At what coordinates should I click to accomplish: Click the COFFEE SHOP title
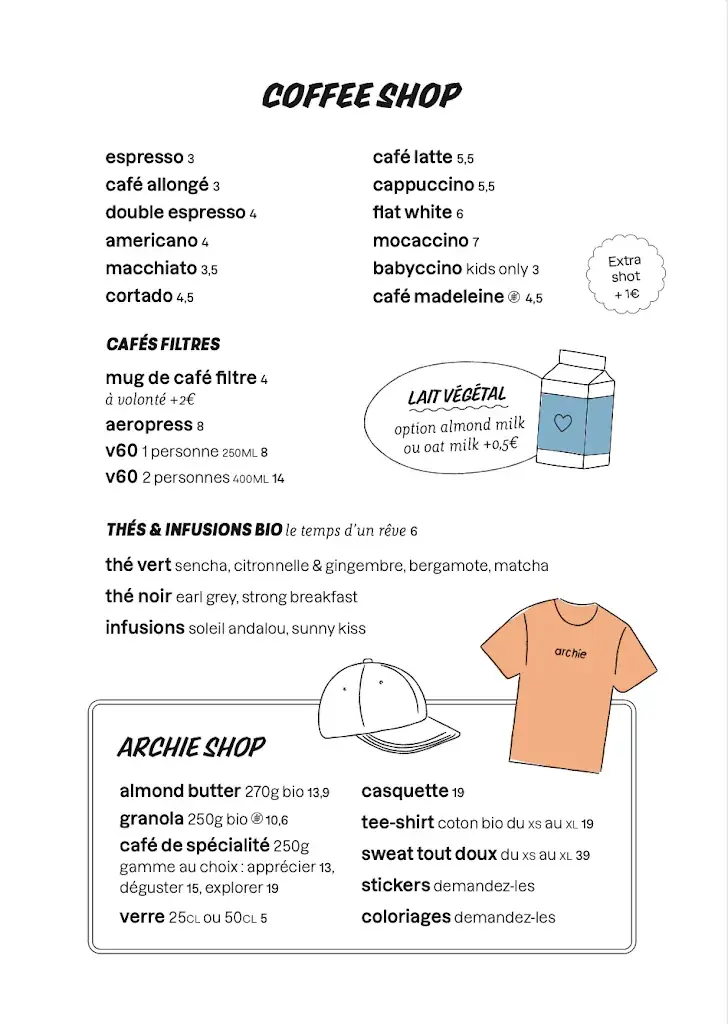click(361, 96)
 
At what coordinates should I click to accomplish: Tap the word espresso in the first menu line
click(144, 158)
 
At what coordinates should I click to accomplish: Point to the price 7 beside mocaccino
click(476, 241)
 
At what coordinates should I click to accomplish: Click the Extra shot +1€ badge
click(625, 276)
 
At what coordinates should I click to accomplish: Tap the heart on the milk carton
click(563, 422)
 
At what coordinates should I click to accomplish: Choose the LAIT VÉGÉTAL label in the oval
click(457, 397)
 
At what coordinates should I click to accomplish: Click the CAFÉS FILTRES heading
click(163, 344)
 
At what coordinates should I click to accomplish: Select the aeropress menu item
click(148, 425)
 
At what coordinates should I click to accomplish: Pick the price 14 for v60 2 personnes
click(278, 479)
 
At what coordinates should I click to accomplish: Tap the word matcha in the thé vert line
click(520, 566)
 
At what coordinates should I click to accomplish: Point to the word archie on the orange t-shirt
click(570, 653)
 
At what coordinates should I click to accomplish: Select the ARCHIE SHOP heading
click(191, 748)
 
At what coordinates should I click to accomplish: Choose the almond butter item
click(180, 791)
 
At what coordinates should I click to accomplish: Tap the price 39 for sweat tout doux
click(582, 855)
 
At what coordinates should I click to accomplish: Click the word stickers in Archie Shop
click(395, 885)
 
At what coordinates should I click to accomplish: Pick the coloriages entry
click(405, 916)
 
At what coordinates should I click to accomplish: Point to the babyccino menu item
click(417, 268)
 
